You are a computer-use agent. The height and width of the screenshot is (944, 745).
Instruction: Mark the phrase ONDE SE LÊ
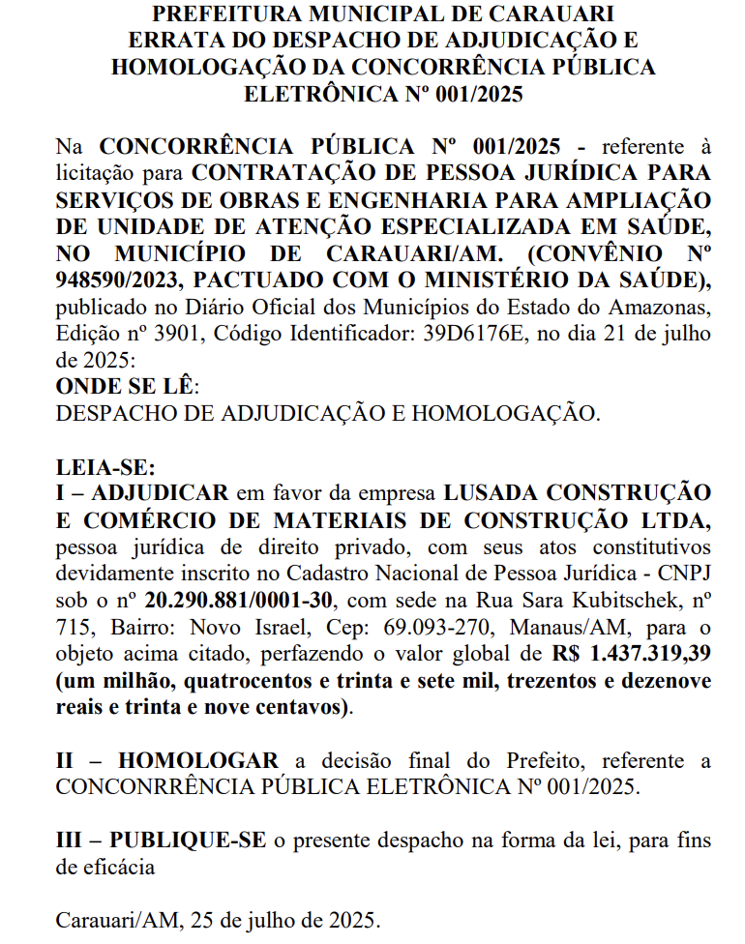point(126,387)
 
